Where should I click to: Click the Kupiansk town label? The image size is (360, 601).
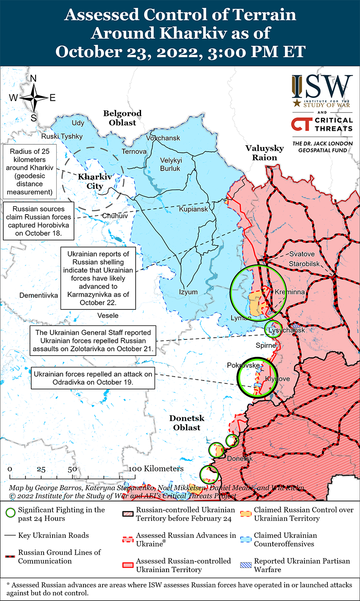[x=194, y=209]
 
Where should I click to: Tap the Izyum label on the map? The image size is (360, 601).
[x=188, y=292]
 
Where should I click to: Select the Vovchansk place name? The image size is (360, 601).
[x=163, y=138]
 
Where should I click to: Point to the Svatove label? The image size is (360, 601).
[x=302, y=254]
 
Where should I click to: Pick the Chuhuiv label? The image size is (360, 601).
[x=115, y=216]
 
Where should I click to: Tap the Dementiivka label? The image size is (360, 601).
[x=39, y=295]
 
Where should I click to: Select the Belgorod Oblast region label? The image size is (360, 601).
[x=122, y=118]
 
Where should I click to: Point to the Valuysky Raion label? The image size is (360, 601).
[x=265, y=153]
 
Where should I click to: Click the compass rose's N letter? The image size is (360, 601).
[x=33, y=79]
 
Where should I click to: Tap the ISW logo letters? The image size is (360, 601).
[x=322, y=87]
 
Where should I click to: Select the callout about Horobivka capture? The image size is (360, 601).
[x=39, y=221]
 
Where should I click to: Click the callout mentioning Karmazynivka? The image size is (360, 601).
[x=98, y=278]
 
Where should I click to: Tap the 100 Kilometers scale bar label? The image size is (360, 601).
[x=157, y=469]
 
